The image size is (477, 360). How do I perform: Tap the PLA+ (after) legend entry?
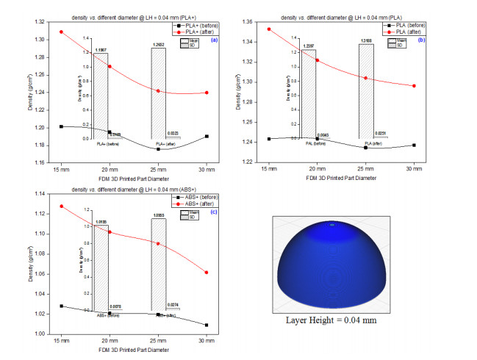tap(195, 32)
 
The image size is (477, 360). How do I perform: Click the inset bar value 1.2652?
tap(159, 46)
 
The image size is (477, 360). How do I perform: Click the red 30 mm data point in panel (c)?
tap(207, 273)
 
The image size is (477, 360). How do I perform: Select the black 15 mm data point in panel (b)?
tap(270, 139)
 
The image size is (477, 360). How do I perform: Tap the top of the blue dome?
tap(332, 223)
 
